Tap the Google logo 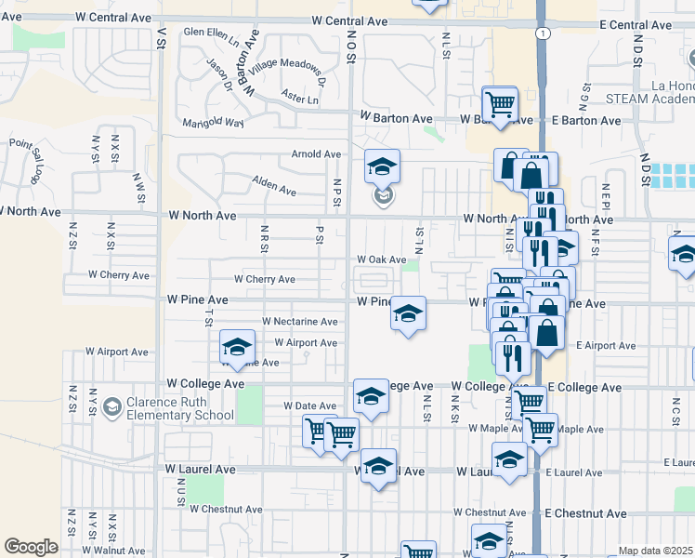pyautogui.click(x=31, y=547)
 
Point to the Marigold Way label pyautogui.click(x=213, y=122)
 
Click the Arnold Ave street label pyautogui.click(x=316, y=154)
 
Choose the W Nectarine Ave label pyautogui.click(x=299, y=322)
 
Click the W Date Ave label pyautogui.click(x=309, y=406)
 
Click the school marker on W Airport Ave pyautogui.click(x=237, y=347)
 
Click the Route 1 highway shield pyautogui.click(x=542, y=33)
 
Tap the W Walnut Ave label pyautogui.click(x=114, y=551)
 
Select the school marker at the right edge pyautogui.click(x=683, y=254)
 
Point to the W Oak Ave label pyautogui.click(x=382, y=260)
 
